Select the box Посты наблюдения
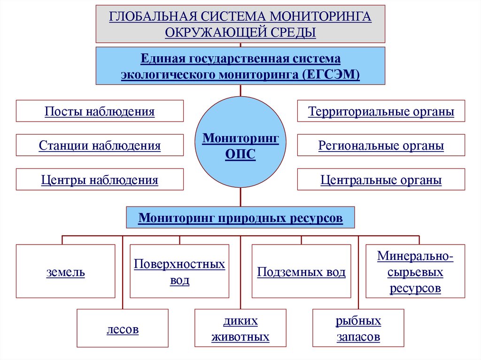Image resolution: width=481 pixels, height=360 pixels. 100,112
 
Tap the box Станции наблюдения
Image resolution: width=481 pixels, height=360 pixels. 100,146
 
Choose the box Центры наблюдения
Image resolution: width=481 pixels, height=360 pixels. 100,180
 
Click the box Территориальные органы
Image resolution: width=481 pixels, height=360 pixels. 381,112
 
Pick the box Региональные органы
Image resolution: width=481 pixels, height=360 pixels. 381,146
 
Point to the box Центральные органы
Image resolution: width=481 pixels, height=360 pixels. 381,180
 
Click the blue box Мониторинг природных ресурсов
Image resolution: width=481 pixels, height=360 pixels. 240,218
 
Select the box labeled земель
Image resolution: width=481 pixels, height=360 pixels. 65,271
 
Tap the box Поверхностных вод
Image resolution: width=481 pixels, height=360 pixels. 179,271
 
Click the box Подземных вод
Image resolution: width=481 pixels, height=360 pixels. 301,271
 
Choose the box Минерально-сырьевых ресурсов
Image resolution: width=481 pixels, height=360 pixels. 415,271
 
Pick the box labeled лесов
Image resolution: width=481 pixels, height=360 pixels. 122,328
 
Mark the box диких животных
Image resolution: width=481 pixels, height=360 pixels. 240,328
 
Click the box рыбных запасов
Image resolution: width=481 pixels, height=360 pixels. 358,328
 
